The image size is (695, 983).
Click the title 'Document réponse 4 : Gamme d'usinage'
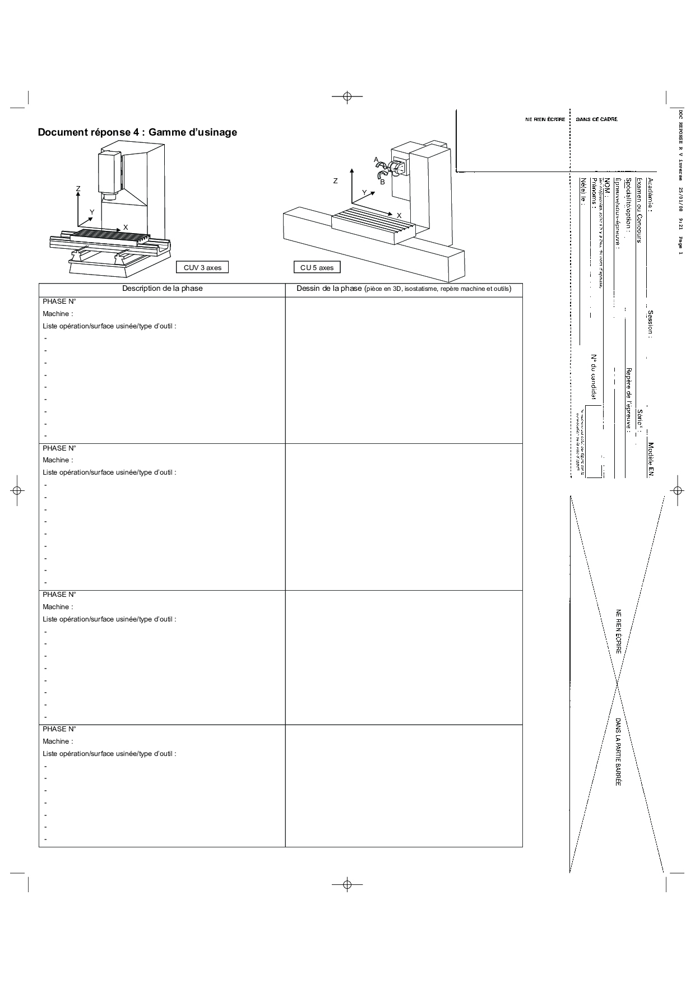(137, 132)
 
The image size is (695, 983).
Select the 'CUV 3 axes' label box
(202, 267)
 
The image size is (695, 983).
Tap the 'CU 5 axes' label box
(317, 267)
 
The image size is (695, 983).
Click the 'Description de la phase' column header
(163, 289)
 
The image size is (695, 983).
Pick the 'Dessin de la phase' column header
(404, 289)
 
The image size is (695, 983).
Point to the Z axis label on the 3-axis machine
(78, 189)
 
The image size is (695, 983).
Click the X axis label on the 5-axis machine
(399, 216)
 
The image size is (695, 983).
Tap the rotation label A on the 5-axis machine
(377, 160)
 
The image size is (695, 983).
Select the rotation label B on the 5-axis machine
(382, 182)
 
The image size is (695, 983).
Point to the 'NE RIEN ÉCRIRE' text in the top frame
(545, 119)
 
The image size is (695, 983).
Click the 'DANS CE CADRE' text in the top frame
(597, 119)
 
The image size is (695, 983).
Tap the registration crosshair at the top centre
(347, 96)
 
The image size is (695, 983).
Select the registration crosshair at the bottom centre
(347, 884)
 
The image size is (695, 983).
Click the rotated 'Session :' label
(650, 324)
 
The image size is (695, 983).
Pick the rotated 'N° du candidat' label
(593, 378)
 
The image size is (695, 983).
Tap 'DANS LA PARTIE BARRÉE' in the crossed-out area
(618, 751)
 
